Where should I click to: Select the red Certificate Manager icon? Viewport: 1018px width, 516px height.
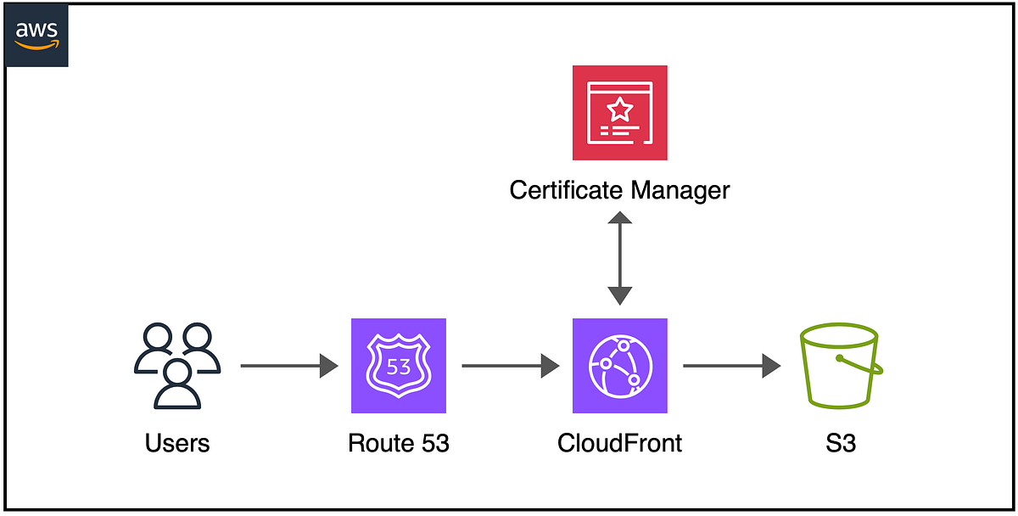click(619, 112)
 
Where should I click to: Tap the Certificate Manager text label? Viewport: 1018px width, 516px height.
click(619, 189)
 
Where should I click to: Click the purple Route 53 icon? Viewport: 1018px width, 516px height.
click(399, 366)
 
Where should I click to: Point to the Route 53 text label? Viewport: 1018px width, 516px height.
click(399, 442)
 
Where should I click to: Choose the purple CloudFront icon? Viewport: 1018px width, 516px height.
click(619, 366)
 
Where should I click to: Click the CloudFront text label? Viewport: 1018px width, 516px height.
click(619, 442)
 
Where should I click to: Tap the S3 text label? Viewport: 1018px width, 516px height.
click(840, 442)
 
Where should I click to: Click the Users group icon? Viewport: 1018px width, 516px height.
click(177, 366)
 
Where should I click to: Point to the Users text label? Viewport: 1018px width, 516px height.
click(177, 442)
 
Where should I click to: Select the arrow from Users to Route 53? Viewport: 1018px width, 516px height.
click(289, 367)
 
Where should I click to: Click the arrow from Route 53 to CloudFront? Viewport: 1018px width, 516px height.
click(510, 367)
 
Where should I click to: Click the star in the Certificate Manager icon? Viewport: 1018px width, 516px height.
click(620, 109)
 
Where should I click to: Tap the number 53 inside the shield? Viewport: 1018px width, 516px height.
click(399, 367)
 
